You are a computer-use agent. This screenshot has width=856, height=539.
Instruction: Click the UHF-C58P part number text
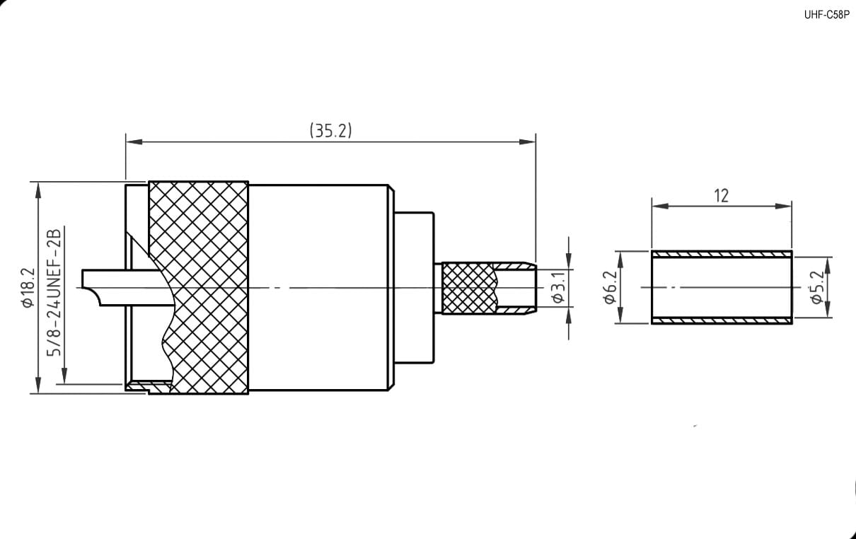pos(826,15)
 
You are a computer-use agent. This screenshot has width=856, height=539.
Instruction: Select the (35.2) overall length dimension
pos(330,130)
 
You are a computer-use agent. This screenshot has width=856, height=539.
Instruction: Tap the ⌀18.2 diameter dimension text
pos(28,287)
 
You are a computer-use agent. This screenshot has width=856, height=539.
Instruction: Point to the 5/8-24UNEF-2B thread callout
pos(54,293)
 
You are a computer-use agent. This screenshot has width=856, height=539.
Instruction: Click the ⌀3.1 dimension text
pos(558,286)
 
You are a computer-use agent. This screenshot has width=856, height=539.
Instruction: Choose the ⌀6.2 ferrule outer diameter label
pos(610,287)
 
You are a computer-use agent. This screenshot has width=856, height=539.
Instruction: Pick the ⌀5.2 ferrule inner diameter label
pos(817,287)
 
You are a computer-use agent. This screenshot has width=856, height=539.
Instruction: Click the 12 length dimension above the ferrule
pos(722,196)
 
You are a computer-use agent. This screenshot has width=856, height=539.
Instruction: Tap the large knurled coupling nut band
pos(199,288)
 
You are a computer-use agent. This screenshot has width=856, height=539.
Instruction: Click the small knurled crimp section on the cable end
pos(470,288)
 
